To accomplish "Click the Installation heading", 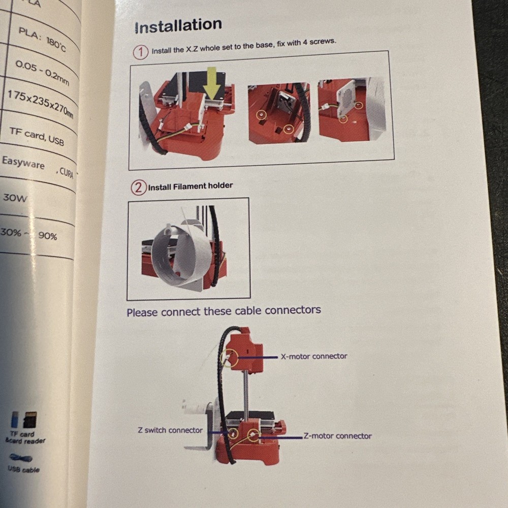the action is pyautogui.click(x=178, y=25).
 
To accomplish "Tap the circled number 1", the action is pyautogui.click(x=141, y=52).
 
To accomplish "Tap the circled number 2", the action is pyautogui.click(x=139, y=187).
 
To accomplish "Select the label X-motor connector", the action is pyautogui.click(x=314, y=356).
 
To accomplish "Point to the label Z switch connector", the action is pyautogui.click(x=170, y=430).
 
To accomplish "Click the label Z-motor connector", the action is pyautogui.click(x=337, y=436).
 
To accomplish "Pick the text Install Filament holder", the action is pyautogui.click(x=190, y=186).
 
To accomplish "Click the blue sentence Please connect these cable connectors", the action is pyautogui.click(x=224, y=311).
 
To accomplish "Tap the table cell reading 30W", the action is pyautogui.click(x=15, y=198).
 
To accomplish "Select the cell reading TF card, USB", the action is pyautogui.click(x=37, y=136).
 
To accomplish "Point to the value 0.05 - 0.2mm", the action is pyautogui.click(x=42, y=73).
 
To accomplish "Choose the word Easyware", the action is pyautogui.click(x=23, y=163).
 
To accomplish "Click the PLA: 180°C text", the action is pyautogui.click(x=42, y=39).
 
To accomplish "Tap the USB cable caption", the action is pyautogui.click(x=24, y=469).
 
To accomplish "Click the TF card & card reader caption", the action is pyautogui.click(x=25, y=437).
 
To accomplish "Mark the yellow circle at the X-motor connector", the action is pyautogui.click(x=229, y=358).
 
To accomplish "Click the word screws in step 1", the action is pyautogui.click(x=323, y=42).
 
